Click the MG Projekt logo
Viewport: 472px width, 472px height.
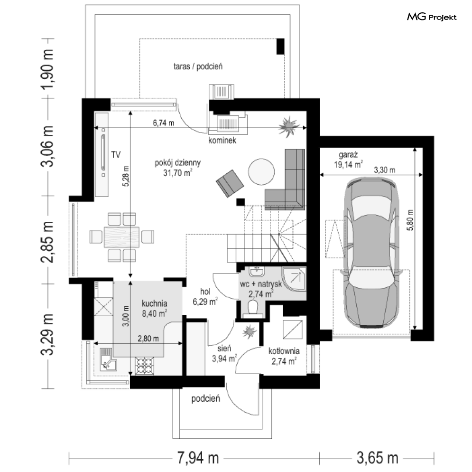432,17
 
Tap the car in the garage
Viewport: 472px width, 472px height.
372,253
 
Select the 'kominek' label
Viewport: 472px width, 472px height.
222,141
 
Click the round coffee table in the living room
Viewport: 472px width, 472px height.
261,172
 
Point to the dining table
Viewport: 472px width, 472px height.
121,237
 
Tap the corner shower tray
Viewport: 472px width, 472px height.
294,279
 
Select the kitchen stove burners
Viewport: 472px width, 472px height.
145,366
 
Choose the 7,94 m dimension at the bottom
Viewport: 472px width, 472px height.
198,458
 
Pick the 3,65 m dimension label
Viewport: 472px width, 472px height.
378,458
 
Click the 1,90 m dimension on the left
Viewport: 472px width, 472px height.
47,69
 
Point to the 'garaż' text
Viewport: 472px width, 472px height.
348,155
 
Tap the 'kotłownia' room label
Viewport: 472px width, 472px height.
284,351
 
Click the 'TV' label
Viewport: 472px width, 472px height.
116,155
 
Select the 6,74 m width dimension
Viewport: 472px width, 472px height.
164,123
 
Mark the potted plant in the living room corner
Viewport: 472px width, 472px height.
289,126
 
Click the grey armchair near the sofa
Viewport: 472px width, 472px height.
230,183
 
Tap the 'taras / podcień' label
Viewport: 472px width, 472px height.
198,66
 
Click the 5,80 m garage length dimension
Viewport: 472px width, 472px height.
410,220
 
